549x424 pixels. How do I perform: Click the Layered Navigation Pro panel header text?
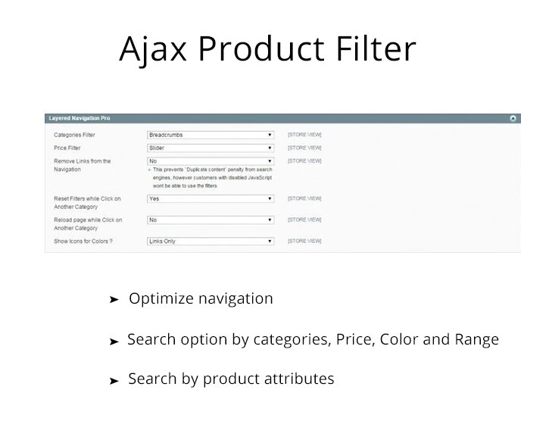click(80, 119)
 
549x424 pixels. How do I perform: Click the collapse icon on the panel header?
click(513, 119)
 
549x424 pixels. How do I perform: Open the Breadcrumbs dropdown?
click(210, 135)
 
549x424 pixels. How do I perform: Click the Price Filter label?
click(67, 148)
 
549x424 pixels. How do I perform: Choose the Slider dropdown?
click(210, 148)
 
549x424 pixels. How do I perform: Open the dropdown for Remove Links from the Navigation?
click(210, 161)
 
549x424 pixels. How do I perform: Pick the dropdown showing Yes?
click(210, 198)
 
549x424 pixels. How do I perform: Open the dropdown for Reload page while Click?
click(210, 220)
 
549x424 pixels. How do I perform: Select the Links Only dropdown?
click(210, 241)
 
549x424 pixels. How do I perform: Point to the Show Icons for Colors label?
click(83, 241)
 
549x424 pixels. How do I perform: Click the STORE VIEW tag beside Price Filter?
click(304, 148)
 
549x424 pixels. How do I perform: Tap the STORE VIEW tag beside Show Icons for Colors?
click(304, 241)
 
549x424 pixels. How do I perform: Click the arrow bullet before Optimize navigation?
click(114, 300)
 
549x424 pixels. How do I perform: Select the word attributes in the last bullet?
click(298, 379)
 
